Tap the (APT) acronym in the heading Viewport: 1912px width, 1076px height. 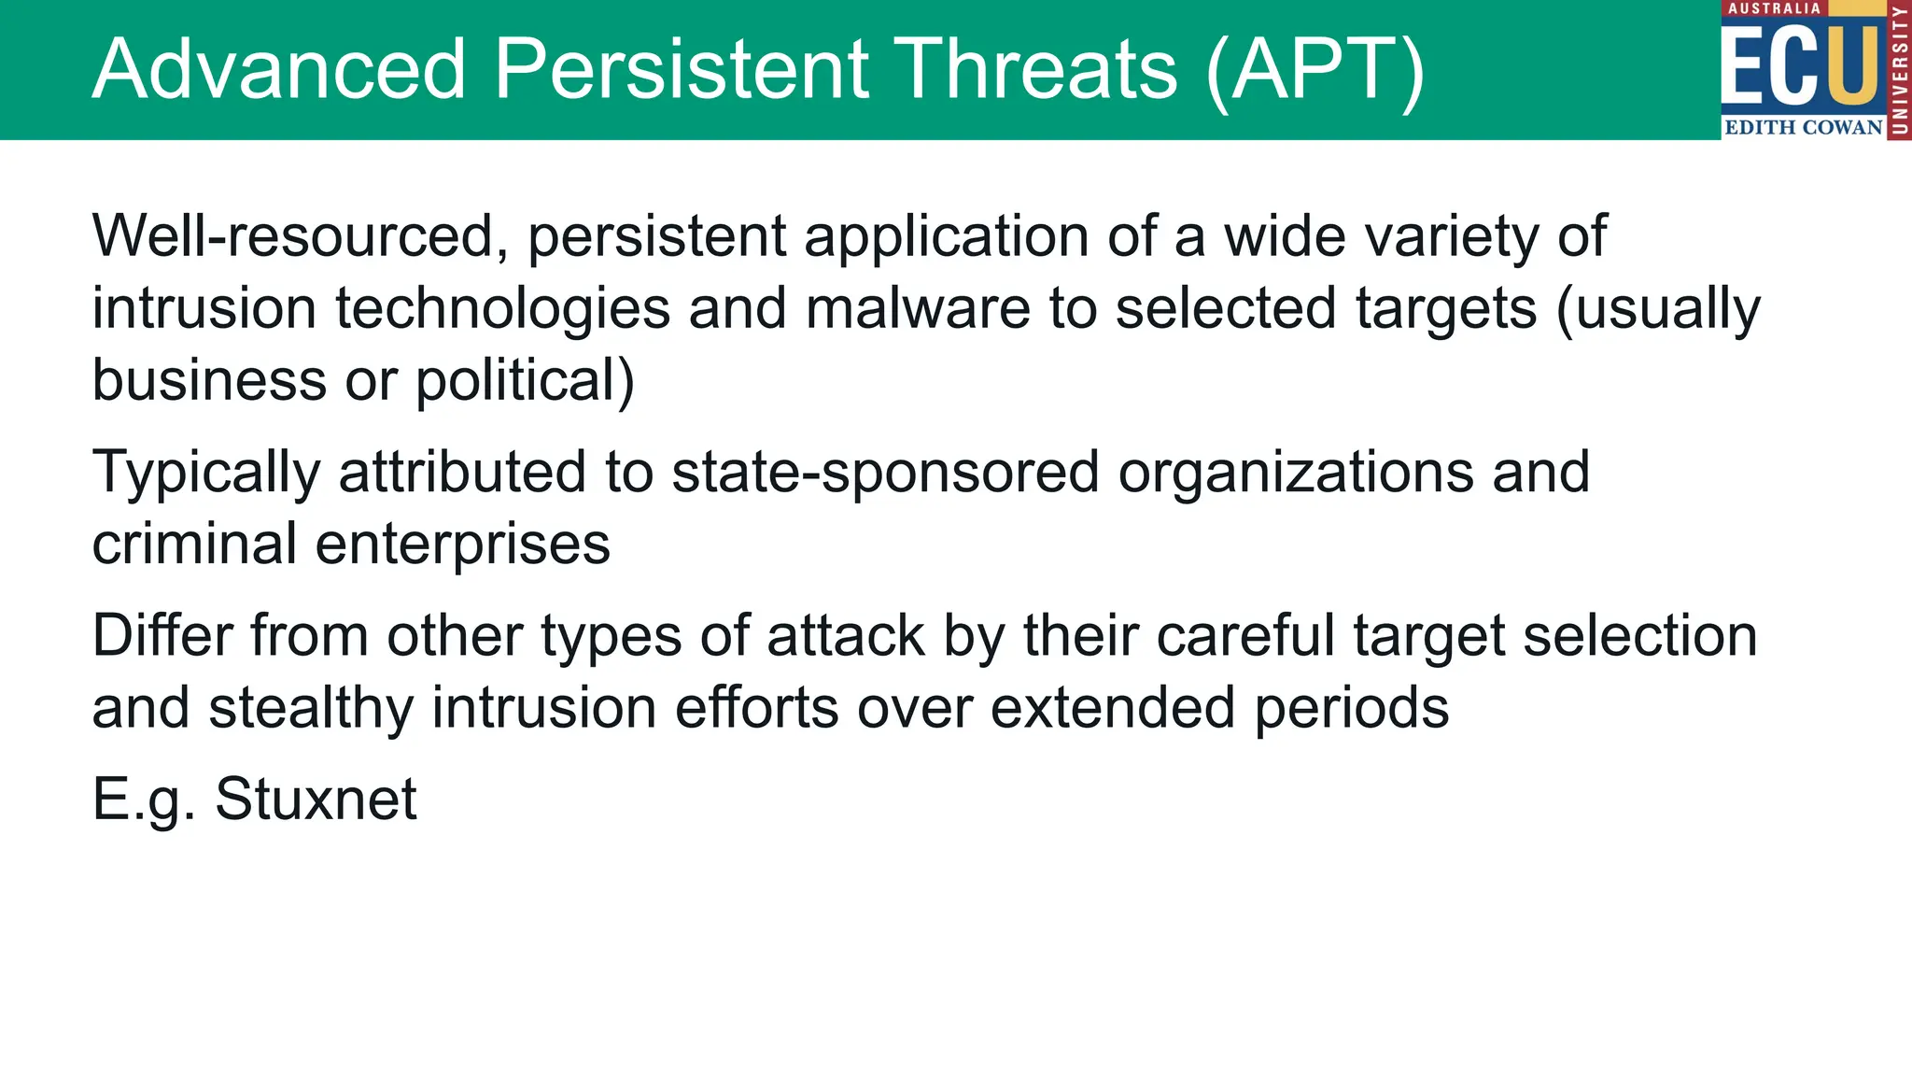(1314, 70)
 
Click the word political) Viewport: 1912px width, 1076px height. (525, 381)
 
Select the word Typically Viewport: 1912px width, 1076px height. (205, 474)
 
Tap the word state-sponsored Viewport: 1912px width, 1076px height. (885, 474)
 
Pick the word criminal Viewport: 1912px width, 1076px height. (193, 545)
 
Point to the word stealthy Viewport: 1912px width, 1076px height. (310, 709)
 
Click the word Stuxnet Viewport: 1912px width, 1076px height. (316, 800)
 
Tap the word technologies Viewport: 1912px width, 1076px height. (502, 310)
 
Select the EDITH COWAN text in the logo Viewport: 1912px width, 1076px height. (1803, 128)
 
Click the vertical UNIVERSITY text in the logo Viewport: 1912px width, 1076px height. (1899, 70)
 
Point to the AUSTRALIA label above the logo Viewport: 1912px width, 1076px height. (1774, 8)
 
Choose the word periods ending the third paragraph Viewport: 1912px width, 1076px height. (1351, 709)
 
